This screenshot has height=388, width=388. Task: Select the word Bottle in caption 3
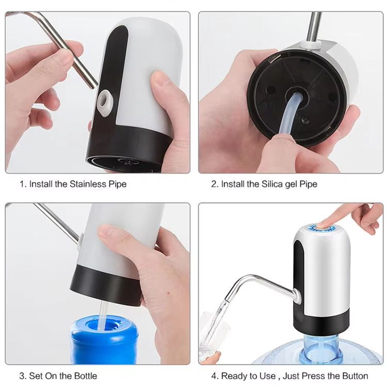point(85,376)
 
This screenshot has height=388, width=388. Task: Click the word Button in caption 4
point(355,376)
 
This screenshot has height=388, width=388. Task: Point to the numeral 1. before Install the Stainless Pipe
point(23,184)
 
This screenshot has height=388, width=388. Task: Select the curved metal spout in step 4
point(258,282)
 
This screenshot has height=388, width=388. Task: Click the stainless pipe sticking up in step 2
point(314,26)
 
